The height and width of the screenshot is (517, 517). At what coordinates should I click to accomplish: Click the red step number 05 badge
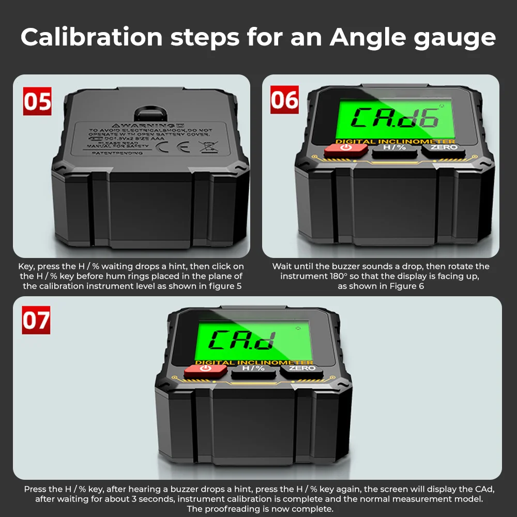[37, 101]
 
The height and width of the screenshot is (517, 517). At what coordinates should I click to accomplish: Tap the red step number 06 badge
[285, 100]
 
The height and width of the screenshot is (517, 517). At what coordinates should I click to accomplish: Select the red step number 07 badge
[36, 320]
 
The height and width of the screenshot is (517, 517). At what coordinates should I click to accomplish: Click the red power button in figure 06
[346, 149]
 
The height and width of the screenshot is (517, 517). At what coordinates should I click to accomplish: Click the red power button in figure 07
[205, 370]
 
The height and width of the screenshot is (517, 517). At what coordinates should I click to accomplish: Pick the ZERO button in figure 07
[302, 369]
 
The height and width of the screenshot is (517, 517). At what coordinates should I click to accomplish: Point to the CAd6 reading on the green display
[396, 118]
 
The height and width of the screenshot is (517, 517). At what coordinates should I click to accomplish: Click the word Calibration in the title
[92, 37]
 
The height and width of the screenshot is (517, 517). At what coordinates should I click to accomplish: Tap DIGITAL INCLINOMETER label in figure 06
[396, 141]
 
